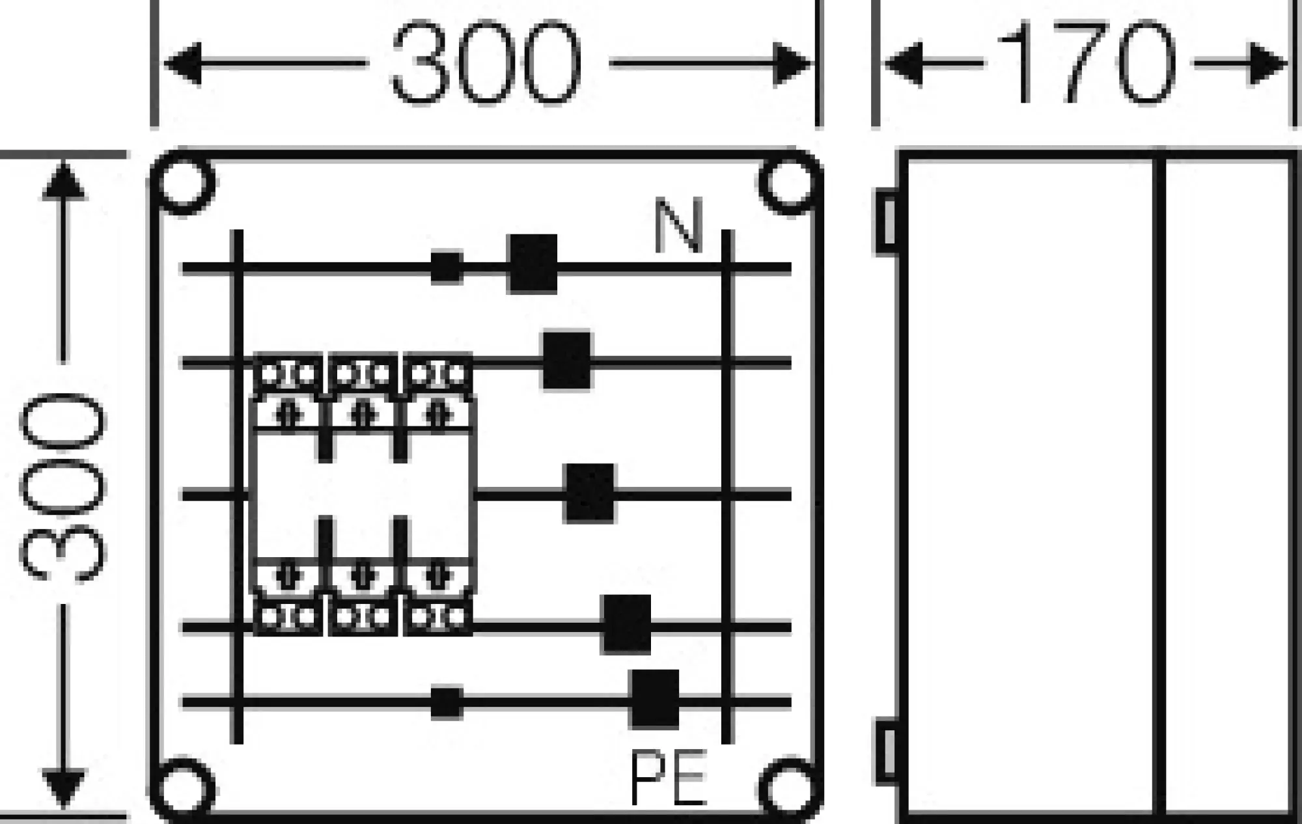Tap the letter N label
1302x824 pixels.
678,226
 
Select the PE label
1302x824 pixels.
669,778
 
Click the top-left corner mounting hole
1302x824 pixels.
185,183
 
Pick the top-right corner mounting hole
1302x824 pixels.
789,183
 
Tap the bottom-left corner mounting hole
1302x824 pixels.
185,790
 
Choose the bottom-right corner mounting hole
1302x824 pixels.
789,790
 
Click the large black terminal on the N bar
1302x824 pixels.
533,264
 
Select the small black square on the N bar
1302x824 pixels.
447,267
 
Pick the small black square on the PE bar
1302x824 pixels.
447,703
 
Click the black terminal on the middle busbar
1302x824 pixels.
589,493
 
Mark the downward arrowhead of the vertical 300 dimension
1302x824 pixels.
63,788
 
